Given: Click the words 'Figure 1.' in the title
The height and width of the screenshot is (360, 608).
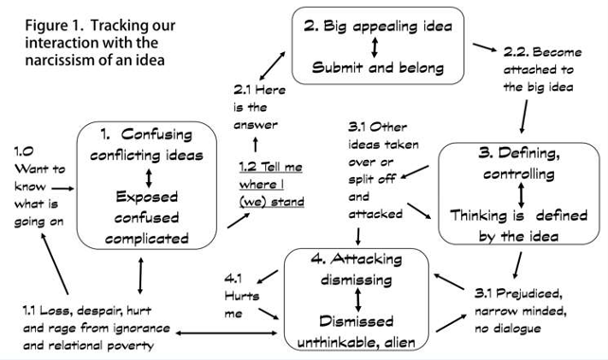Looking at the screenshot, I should (58, 24).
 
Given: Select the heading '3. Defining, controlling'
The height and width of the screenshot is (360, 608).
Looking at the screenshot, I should (519, 163).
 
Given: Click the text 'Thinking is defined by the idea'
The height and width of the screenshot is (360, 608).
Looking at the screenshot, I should (519, 224).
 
